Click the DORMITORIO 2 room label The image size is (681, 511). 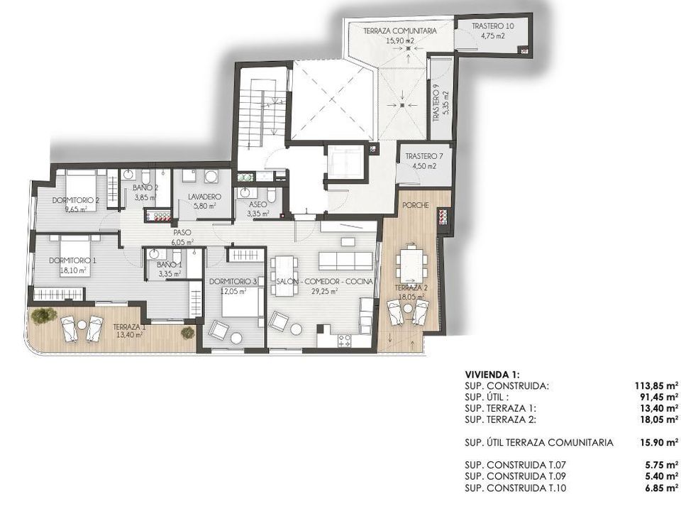tap(76, 200)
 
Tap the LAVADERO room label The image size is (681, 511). tap(204, 197)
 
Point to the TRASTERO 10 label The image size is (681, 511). tap(493, 26)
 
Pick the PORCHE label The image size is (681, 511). tap(415, 205)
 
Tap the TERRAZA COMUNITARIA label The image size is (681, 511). tap(400, 31)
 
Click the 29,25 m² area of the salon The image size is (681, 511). tap(324, 292)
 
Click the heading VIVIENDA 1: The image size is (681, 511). tap(492, 375)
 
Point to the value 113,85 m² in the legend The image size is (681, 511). tap(655, 386)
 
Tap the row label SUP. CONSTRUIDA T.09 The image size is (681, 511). tap(515, 477)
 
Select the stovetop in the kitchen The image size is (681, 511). tap(345, 341)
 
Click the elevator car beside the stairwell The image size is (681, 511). tap(345, 162)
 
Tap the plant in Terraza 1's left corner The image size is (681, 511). tap(44, 315)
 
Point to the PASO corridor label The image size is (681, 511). tap(182, 233)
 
